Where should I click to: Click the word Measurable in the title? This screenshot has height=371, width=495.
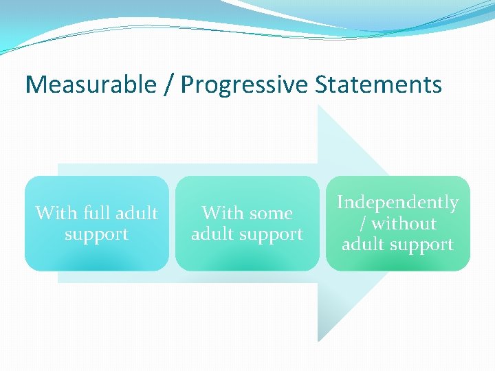(x=91, y=85)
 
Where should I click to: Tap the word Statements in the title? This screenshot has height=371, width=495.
(x=378, y=85)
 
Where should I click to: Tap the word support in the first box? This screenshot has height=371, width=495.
(x=96, y=234)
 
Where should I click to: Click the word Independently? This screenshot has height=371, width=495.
(x=397, y=203)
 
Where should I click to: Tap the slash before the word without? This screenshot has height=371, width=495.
(x=363, y=224)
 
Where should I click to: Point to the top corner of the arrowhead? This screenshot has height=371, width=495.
(x=318, y=106)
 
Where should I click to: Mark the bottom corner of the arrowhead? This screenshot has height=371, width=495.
(x=318, y=341)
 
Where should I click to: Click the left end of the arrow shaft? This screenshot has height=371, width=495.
(x=59, y=223)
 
